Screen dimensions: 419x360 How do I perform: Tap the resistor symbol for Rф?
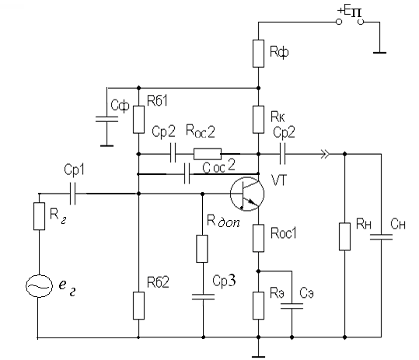pos(258,54)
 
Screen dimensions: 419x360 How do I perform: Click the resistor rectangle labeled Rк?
pos(258,120)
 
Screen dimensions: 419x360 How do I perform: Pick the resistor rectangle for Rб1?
pos(138,120)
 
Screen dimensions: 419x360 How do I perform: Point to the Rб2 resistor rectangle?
pos(138,306)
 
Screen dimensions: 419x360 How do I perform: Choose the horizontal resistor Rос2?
pos(208,154)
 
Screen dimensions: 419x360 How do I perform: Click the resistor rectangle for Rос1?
pos(258,238)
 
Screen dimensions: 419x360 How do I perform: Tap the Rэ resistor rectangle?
pos(258,306)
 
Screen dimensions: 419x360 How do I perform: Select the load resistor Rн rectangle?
pos(344,236)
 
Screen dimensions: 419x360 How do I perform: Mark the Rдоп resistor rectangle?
pos(202,249)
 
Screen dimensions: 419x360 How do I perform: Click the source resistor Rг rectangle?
pos(39,216)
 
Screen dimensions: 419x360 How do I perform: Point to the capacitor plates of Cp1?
pos(72,194)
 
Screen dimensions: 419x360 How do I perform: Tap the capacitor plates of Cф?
pos(107,119)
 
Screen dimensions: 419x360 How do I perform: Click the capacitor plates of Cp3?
pos(203,297)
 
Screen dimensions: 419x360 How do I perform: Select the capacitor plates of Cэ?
pos(292,306)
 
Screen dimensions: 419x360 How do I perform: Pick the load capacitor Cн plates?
pos(382,237)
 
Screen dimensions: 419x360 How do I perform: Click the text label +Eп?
pos(350,12)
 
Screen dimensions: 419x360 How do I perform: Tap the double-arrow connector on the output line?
pos(325,154)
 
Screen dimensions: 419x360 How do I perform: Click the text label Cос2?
pos(219,166)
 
